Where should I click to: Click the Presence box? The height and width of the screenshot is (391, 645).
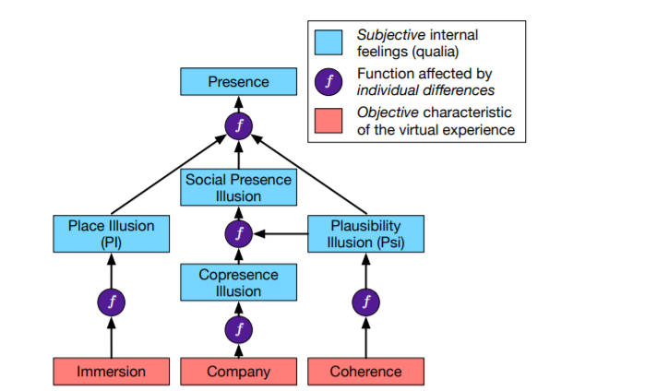(238, 81)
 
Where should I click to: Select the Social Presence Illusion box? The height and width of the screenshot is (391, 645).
(238, 187)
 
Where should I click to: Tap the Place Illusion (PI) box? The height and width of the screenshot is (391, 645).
(111, 233)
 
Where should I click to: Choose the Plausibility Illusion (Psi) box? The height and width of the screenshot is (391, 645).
(365, 233)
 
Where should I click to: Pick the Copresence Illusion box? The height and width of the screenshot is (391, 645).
(238, 282)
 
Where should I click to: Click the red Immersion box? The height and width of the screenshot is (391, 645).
(111, 372)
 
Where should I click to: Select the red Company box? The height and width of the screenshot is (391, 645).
(238, 372)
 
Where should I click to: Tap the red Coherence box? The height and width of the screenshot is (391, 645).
(365, 372)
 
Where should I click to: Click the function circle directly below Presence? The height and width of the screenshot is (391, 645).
(239, 125)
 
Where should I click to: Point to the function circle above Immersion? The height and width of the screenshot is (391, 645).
(111, 302)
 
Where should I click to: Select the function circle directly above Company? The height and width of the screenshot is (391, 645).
(239, 329)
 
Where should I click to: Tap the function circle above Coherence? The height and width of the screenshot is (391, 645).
(365, 302)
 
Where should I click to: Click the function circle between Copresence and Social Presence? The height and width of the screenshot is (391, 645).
(239, 233)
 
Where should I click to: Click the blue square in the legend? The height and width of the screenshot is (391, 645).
(328, 42)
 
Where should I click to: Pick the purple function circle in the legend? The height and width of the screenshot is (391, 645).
(328, 82)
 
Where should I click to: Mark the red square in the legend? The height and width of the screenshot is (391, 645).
(328, 121)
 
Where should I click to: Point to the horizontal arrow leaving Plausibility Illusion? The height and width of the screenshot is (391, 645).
(281, 234)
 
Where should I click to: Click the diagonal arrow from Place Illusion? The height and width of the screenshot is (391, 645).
(169, 174)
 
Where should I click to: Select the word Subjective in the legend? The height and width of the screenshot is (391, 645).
(391, 35)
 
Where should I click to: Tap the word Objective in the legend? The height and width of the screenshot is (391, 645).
(388, 113)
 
